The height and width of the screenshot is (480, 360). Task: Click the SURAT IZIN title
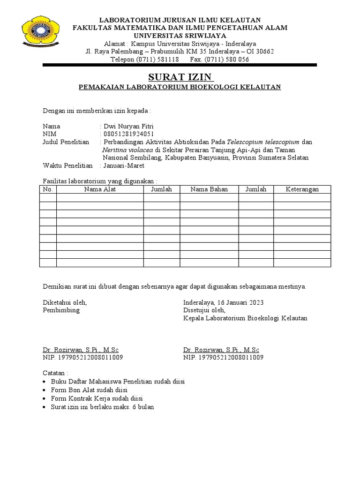tap(180, 77)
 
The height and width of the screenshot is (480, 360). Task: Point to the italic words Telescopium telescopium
tap(262, 142)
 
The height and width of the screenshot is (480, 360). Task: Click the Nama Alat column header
tap(100, 189)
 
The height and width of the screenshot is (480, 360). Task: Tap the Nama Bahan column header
tap(209, 189)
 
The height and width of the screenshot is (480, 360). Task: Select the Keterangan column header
tap(302, 189)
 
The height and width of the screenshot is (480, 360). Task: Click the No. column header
tap(48, 189)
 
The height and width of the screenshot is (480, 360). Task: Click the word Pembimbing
tap(61, 310)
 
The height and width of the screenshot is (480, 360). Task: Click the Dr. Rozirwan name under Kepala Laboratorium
tap(221, 350)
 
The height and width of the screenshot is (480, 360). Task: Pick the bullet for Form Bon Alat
tap(45, 390)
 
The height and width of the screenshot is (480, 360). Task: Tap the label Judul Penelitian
tap(66, 142)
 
